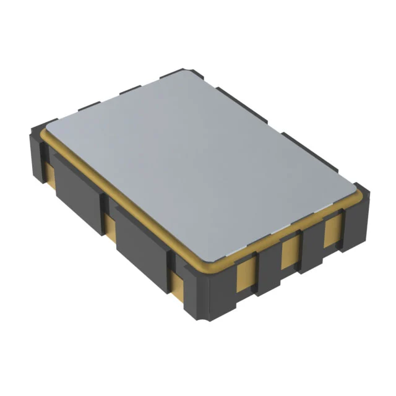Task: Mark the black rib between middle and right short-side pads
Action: coord(311,244)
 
